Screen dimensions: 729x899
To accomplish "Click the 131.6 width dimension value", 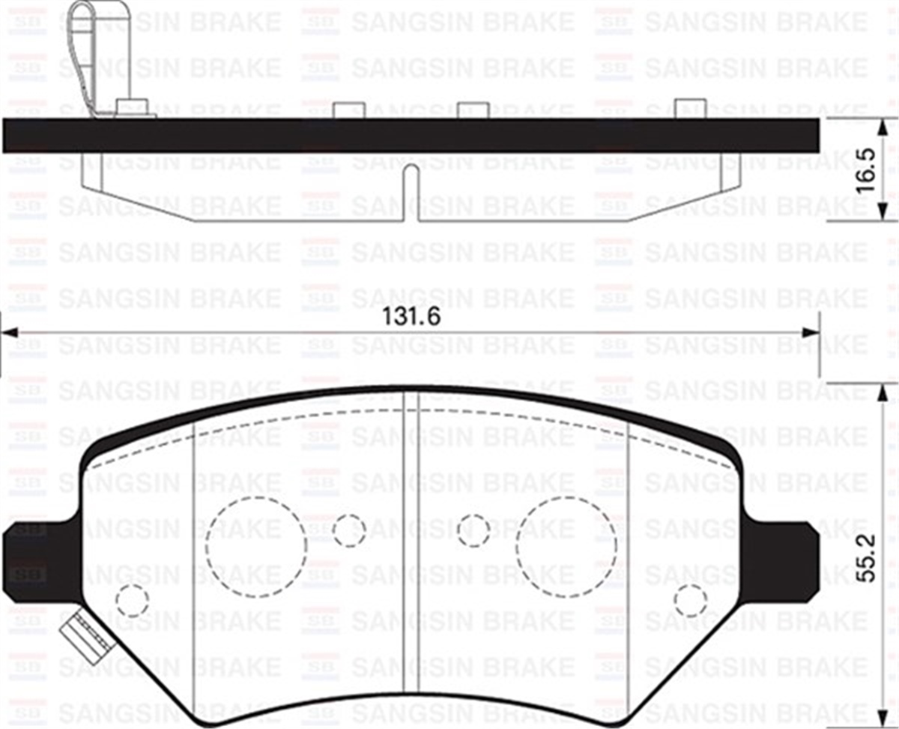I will tap(411, 316).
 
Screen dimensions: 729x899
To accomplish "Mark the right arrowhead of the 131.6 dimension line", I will tap(809, 333).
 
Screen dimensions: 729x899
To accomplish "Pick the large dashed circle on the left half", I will tap(256, 547).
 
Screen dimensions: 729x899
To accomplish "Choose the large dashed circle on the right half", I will tap(566, 547).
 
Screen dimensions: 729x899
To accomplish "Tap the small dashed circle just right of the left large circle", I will tap(348, 531).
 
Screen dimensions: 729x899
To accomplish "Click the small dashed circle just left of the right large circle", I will tap(473, 531).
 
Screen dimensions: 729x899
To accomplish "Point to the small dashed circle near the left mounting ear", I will tap(133, 601).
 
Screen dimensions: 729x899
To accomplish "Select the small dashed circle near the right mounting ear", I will tap(690, 601).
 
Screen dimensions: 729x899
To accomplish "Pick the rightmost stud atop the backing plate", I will tap(690, 109).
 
